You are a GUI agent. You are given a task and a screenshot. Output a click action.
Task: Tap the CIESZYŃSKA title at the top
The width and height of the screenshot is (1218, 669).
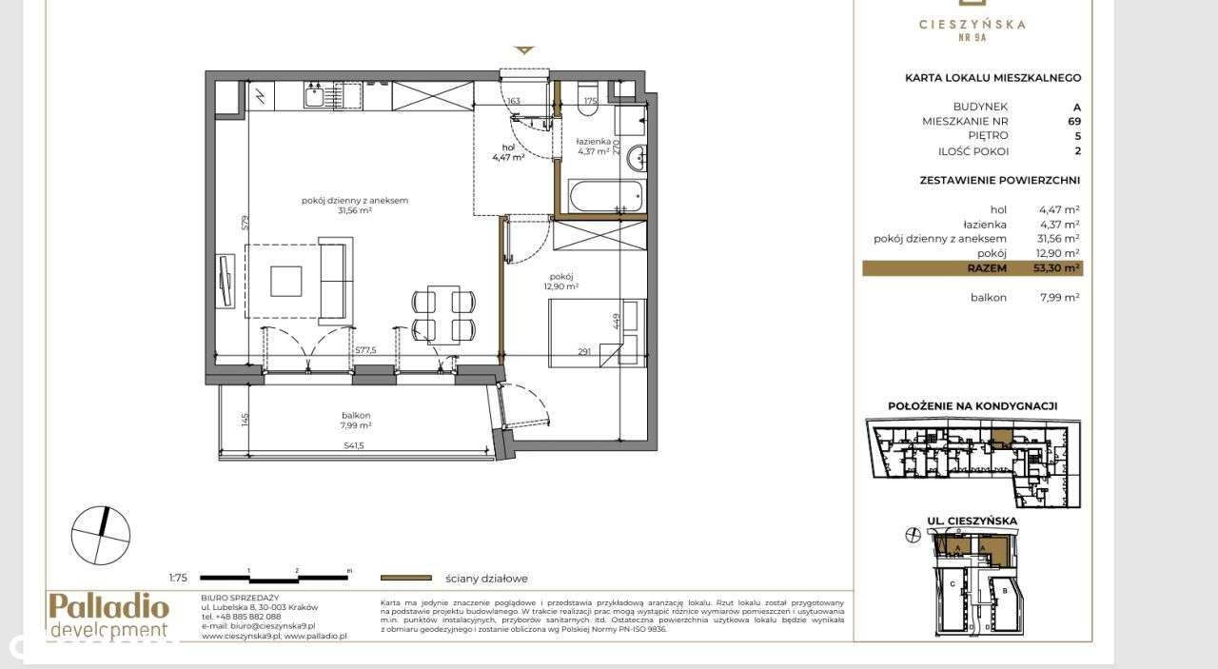(x=972, y=25)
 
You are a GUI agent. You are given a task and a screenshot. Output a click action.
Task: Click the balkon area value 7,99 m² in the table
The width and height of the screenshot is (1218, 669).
(x=1058, y=298)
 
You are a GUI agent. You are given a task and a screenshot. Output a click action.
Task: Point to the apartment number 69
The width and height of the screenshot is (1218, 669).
(x=1073, y=122)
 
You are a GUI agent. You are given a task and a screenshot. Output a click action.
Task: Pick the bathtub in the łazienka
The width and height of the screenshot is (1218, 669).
(x=604, y=198)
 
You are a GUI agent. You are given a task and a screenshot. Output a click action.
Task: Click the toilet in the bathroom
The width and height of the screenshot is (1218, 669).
(x=587, y=104)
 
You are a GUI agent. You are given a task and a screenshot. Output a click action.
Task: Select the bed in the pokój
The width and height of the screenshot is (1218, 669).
(x=597, y=332)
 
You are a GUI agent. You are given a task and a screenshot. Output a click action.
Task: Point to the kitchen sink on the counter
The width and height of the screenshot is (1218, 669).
(x=315, y=94)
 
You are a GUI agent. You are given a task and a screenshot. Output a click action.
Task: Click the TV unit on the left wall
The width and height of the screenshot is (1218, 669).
(x=225, y=281)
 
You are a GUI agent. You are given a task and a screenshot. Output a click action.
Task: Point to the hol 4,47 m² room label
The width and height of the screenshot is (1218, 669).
(x=508, y=152)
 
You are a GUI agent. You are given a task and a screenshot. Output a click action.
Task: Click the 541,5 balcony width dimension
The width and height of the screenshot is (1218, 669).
(x=355, y=445)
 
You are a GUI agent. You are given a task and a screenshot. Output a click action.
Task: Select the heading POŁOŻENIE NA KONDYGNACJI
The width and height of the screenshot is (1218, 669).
(x=972, y=405)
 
